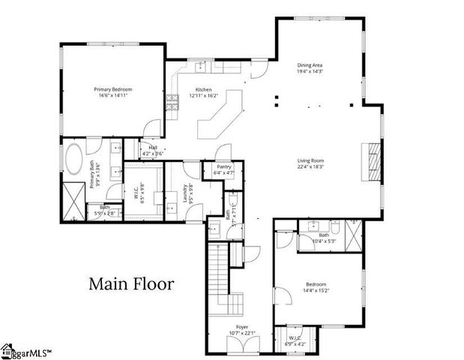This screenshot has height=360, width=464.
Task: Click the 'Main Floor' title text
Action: click(131, 284)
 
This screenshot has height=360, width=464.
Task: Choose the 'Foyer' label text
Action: click(242, 327)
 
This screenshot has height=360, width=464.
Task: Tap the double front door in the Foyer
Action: click(242, 345)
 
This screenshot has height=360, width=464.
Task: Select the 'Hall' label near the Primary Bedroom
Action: click(153, 148)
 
